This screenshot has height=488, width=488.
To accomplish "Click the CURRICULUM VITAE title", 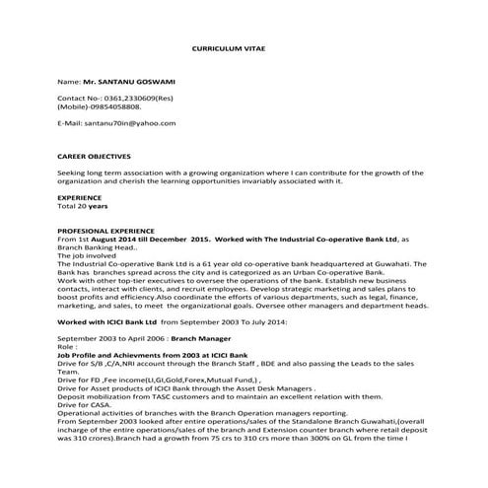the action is (x=229, y=46).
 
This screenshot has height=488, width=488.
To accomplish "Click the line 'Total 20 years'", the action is (x=83, y=207).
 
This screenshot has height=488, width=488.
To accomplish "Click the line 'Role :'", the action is (x=68, y=347).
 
